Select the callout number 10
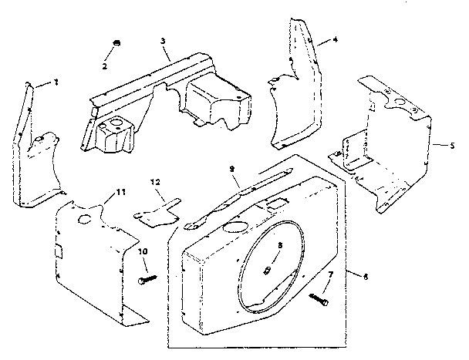pos(143,251)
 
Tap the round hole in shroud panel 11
pos(85,220)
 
